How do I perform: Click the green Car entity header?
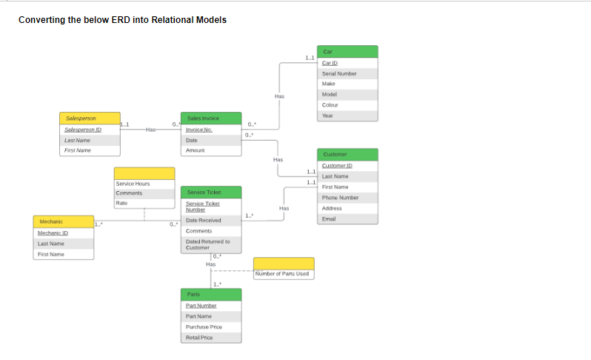point(347,51)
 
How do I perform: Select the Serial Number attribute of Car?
point(339,73)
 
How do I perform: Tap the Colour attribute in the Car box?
point(330,105)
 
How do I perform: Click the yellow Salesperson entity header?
point(89,118)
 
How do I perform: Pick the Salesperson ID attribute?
point(83,129)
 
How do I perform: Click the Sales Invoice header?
point(211,118)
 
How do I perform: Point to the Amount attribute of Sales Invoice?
point(195,150)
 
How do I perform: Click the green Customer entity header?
point(347,154)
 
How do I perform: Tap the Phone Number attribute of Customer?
point(340,198)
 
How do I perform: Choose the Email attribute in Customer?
point(328,219)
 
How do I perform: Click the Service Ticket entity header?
point(211,192)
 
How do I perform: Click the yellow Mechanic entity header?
point(63,221)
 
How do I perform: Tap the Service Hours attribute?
point(133,183)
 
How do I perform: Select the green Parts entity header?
point(211,294)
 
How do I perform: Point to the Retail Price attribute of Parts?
point(199,337)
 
